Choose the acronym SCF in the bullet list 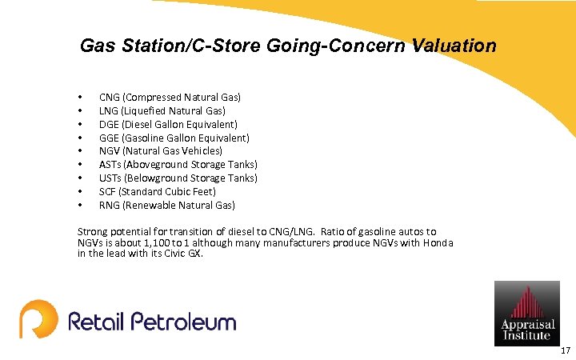click(x=108, y=191)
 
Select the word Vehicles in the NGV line click(x=202, y=150)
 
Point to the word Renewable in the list click(x=147, y=205)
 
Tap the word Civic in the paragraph click(x=163, y=254)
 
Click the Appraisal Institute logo click(x=526, y=313)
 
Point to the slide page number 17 click(x=565, y=350)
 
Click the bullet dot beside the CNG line click(x=81, y=98)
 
